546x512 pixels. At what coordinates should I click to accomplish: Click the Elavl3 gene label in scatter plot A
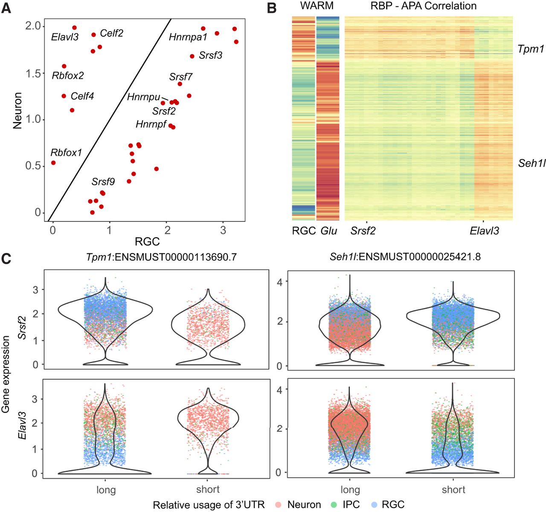coord(65,37)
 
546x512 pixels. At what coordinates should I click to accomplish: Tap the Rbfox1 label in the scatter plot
coord(66,153)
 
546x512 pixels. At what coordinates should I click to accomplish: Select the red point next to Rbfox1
coord(53,163)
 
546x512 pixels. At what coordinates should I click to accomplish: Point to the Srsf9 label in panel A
coord(103,182)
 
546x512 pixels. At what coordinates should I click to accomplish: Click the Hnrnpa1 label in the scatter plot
coord(188,37)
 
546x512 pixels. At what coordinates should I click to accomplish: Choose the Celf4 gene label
coord(82,96)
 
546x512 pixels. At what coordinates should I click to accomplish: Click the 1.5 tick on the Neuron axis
coord(34,73)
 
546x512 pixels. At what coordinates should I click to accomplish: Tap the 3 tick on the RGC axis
coord(223,230)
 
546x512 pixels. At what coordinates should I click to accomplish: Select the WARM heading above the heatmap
coord(317,6)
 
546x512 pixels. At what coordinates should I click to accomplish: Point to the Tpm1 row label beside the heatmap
coord(531,49)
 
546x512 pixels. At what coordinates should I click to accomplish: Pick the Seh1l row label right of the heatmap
coord(531,163)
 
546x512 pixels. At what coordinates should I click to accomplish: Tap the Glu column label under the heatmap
coord(328,231)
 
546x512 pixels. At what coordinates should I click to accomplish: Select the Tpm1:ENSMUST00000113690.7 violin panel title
coord(161,257)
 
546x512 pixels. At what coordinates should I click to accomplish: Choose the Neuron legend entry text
coord(304,505)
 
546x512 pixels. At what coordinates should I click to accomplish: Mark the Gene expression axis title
coord(6,374)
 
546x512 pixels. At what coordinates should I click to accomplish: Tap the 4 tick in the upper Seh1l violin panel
coord(279,282)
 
